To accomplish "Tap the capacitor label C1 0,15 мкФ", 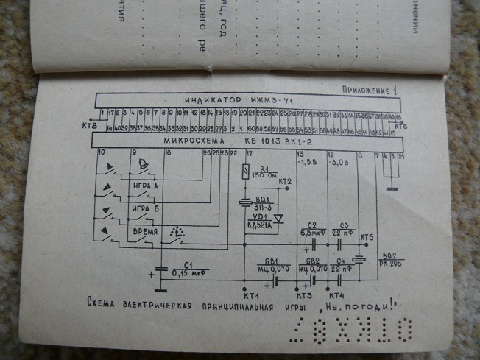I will pos(187,269).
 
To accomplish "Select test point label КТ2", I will pos(284,181).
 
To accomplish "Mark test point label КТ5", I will pos(367,237).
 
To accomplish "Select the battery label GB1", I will pos(265,261).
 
